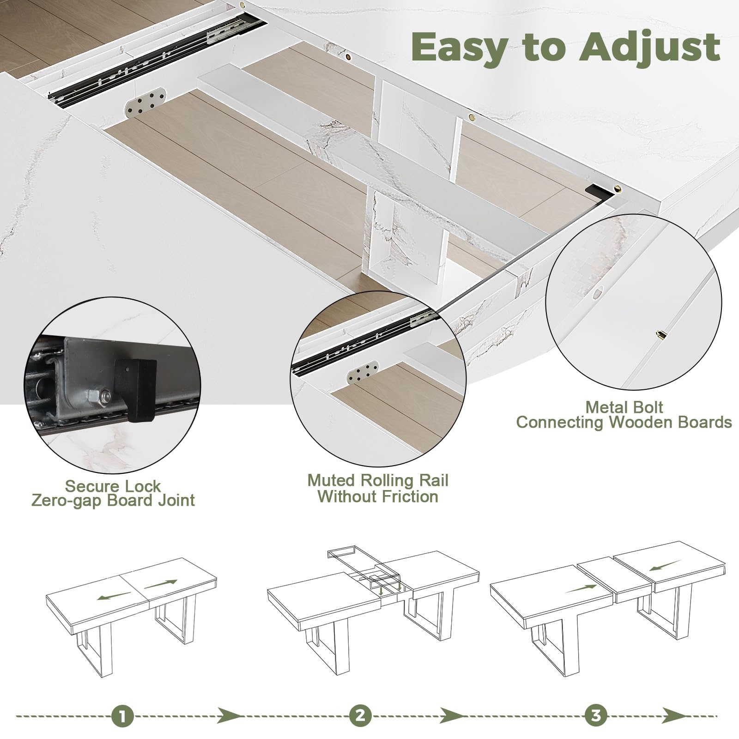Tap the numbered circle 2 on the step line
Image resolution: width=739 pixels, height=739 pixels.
coord(360,716)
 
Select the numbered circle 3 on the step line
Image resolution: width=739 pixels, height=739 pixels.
coord(596,716)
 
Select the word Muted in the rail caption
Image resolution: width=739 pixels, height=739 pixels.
coord(332,480)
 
